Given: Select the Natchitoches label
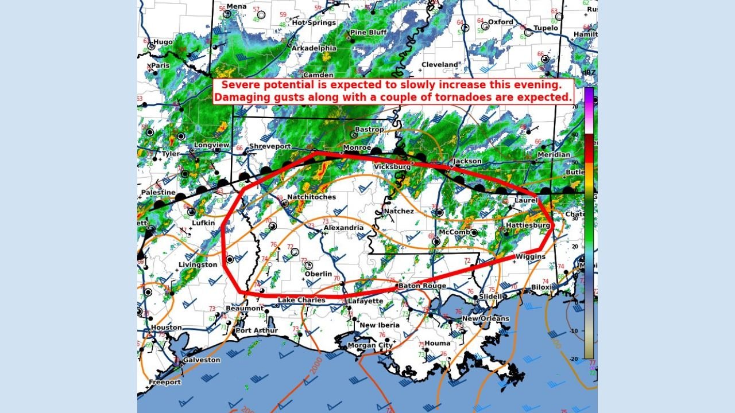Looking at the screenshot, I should click(x=311, y=197).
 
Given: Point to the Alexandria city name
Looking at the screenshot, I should click(x=343, y=228).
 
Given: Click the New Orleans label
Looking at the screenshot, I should click(x=485, y=318).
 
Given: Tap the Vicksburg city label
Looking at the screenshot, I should click(x=392, y=166).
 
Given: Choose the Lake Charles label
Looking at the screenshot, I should click(x=301, y=300).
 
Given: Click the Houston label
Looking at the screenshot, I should click(x=166, y=328).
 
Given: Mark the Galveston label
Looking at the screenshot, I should click(x=201, y=360).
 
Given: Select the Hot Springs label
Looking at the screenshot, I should click(x=314, y=23).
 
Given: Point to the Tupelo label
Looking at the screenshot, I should click(x=546, y=28).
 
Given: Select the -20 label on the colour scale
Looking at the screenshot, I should click(x=590, y=359).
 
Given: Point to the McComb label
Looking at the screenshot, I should click(x=454, y=232).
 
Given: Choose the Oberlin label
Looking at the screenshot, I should click(x=318, y=274).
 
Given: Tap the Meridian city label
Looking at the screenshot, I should click(x=554, y=155).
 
